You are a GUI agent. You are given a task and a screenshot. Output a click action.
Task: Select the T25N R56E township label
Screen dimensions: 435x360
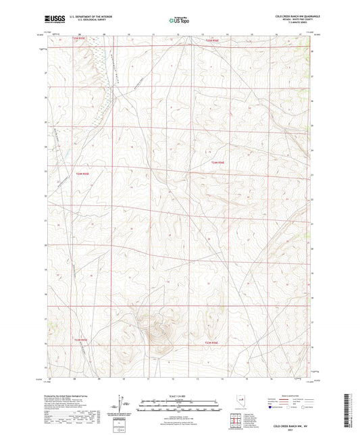(x=212, y=40)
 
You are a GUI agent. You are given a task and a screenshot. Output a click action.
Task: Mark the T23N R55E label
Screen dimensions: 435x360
(x=80, y=340)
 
